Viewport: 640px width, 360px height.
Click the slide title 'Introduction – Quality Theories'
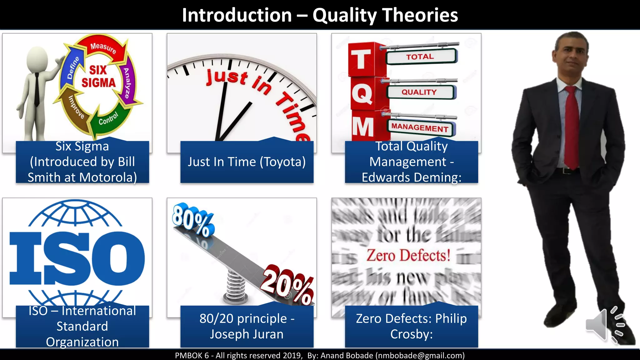[320, 15]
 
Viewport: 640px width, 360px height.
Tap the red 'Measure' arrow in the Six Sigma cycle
[103, 47]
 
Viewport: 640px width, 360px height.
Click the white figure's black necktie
[37, 89]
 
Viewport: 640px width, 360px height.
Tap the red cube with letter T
[362, 59]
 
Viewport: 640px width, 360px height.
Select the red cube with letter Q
[362, 94]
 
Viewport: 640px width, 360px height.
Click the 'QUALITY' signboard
[419, 92]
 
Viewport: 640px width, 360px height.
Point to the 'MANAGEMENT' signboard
[420, 127]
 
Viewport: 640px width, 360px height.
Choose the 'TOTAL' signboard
[420, 57]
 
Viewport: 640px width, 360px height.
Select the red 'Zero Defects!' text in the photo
[408, 256]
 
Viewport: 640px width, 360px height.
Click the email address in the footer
[420, 355]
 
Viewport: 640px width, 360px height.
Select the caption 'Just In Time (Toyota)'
[247, 162]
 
